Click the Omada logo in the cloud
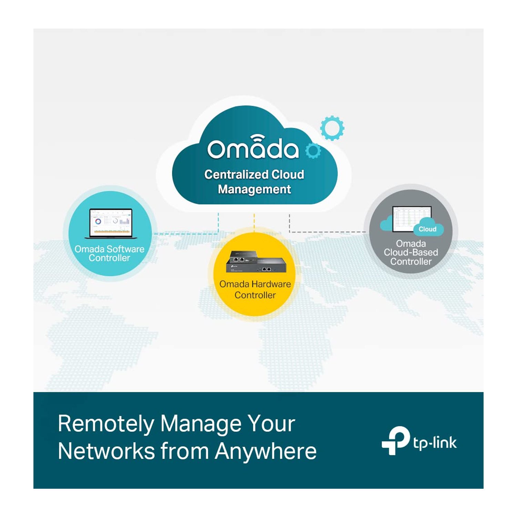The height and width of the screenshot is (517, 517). pyautogui.click(x=253, y=147)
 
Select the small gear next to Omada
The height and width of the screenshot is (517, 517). pyautogui.click(x=313, y=151)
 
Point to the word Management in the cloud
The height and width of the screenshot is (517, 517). pyautogui.click(x=254, y=189)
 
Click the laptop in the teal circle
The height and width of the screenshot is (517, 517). pyautogui.click(x=111, y=223)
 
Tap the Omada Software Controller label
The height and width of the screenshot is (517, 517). pyautogui.click(x=109, y=253)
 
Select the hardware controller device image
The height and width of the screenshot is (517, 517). pyautogui.click(x=255, y=262)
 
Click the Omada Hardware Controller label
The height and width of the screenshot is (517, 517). pyautogui.click(x=255, y=290)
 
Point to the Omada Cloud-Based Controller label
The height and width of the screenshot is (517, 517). pyautogui.click(x=411, y=253)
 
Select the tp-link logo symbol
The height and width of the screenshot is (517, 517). pyautogui.click(x=395, y=440)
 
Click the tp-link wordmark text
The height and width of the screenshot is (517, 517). pyautogui.click(x=435, y=443)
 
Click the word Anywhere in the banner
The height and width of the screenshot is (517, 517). pyautogui.click(x=266, y=451)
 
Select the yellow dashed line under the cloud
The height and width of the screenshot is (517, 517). pyautogui.click(x=254, y=222)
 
